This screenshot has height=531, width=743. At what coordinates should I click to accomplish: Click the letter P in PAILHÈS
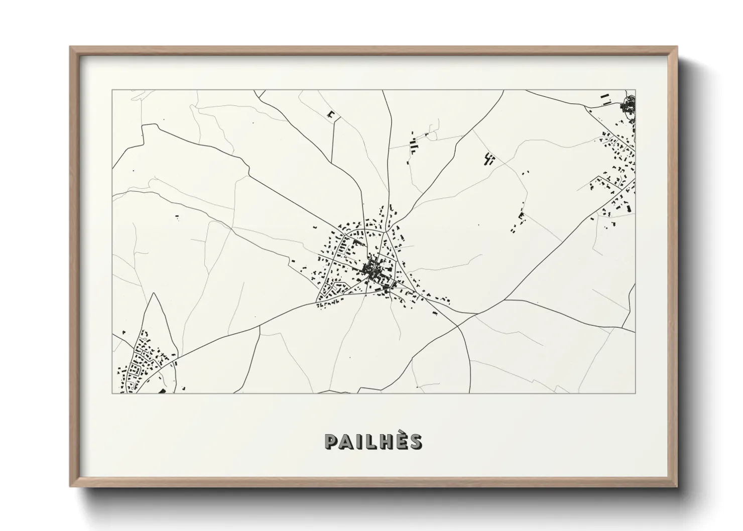pos(332,441)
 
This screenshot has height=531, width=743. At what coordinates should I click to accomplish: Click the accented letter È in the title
pos(401,442)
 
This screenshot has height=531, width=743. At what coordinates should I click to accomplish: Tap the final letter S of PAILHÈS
pos(415,441)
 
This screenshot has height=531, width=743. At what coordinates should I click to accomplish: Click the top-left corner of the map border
pos(112,90)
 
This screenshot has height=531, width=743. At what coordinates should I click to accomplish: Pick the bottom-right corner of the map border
pos(636,393)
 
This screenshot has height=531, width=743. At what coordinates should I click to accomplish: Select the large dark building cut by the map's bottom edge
pos(162,391)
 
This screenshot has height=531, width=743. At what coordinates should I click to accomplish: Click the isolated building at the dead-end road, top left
pos(330,115)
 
